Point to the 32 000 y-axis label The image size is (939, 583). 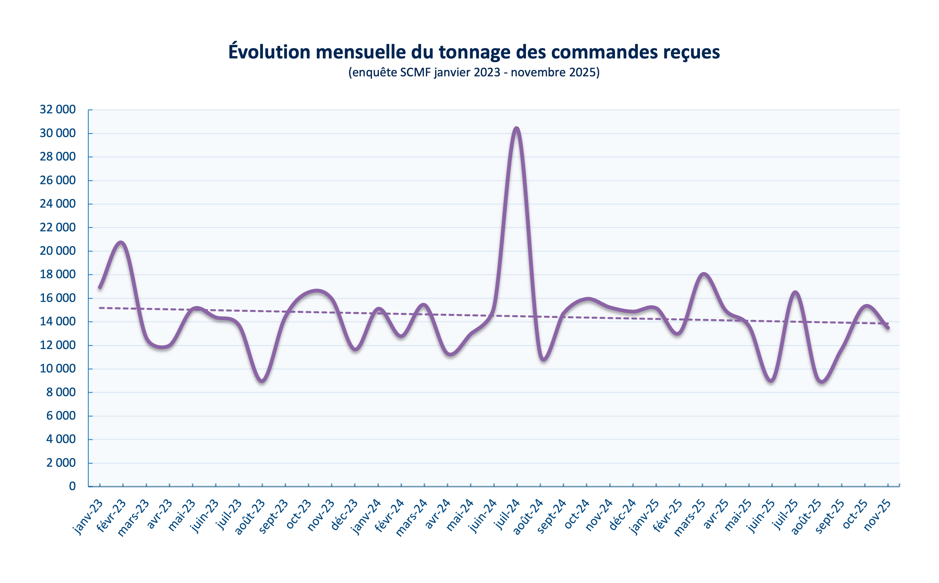[x=58, y=110]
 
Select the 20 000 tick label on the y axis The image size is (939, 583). [x=58, y=251]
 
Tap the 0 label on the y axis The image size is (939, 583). [x=72, y=486]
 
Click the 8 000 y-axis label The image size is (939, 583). [x=61, y=392]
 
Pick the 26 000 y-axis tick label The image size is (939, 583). [x=58, y=180]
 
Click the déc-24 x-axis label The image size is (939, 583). [x=622, y=515]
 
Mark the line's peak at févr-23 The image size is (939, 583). [x=121, y=243]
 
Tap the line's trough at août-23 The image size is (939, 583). [x=262, y=381]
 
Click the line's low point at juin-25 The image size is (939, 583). [x=772, y=381]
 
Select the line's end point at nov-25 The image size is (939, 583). [x=888, y=328]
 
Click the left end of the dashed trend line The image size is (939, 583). [x=100, y=308]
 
